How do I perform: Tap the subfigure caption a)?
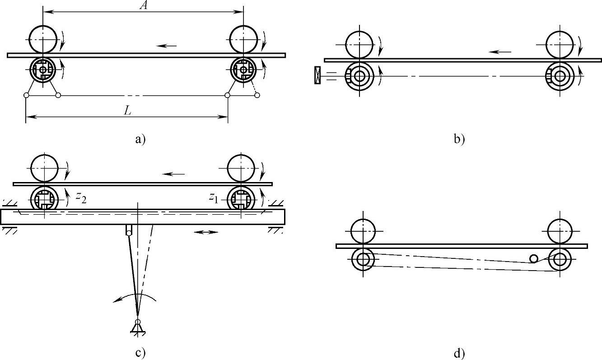(140, 139)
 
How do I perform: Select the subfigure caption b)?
(459, 139)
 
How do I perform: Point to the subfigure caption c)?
(140, 352)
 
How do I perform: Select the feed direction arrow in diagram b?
(500, 51)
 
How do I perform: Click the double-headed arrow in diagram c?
(205, 232)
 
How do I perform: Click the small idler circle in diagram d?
(534, 258)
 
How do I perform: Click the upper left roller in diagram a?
(43, 39)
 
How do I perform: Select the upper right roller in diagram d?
(560, 231)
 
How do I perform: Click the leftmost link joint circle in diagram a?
(26, 95)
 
